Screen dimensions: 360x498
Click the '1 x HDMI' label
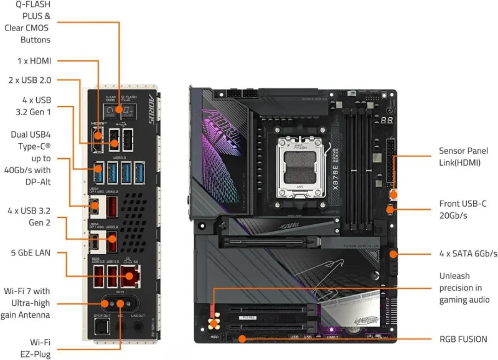[x=34, y=60]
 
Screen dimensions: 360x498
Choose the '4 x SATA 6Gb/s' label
[x=467, y=253]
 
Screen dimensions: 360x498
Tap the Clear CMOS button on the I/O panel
[x=110, y=110]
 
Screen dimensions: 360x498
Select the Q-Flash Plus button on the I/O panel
[x=129, y=110]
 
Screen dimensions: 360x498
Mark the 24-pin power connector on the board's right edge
[x=390, y=162]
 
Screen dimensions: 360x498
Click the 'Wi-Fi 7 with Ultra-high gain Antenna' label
[x=35, y=303]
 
